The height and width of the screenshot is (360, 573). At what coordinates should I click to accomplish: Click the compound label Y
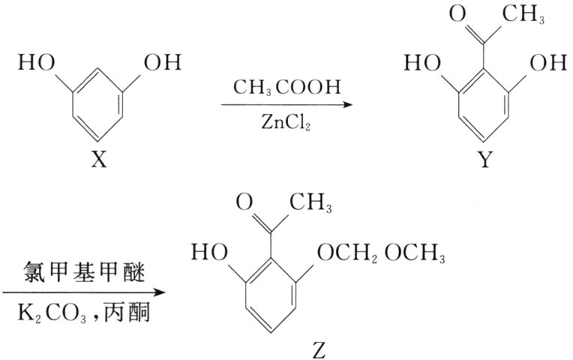tap(486, 160)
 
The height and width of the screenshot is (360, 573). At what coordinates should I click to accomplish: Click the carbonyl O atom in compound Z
tap(241, 200)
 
